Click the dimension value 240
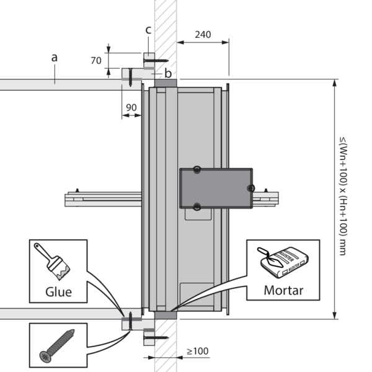(x=203, y=35)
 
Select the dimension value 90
(x=131, y=107)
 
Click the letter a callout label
(x=55, y=57)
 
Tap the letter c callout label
(x=148, y=30)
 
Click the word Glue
(x=58, y=291)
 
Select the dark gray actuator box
(x=216, y=187)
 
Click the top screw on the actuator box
(x=197, y=169)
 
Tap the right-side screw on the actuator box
(x=250, y=187)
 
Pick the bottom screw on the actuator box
(x=197, y=206)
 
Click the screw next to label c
(x=159, y=61)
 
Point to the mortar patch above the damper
(x=165, y=82)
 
